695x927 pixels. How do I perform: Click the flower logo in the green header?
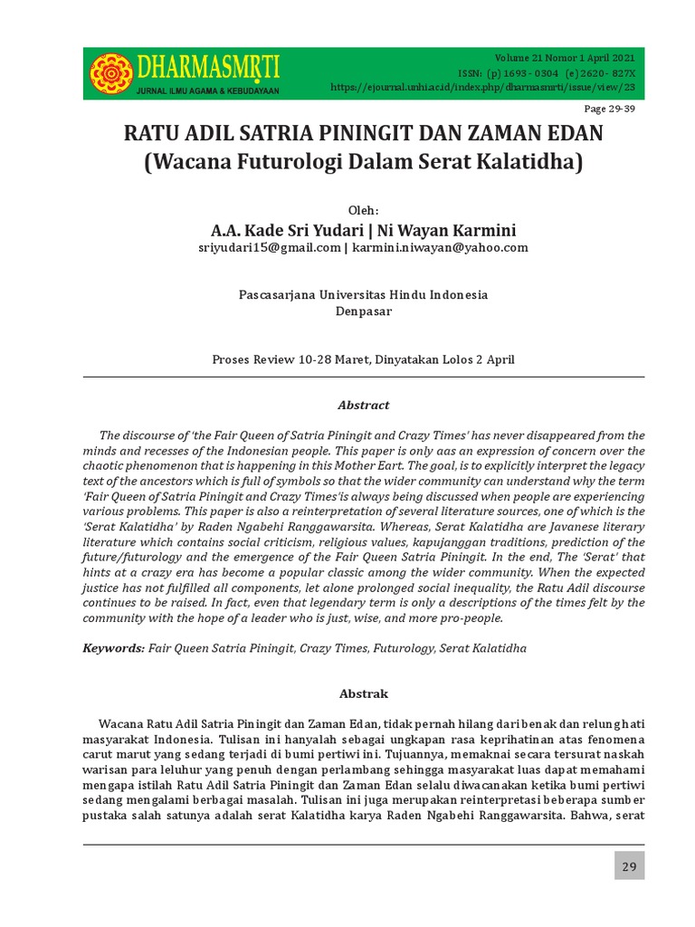click(x=111, y=73)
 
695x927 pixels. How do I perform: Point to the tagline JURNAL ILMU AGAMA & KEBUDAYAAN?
click(x=207, y=91)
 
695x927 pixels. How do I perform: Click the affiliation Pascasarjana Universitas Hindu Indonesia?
click(x=363, y=295)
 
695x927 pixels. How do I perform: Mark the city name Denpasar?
click(x=363, y=311)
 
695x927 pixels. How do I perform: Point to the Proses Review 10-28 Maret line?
click(x=363, y=359)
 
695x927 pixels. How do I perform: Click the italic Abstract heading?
click(x=364, y=406)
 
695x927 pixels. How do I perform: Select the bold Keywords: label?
click(x=114, y=648)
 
